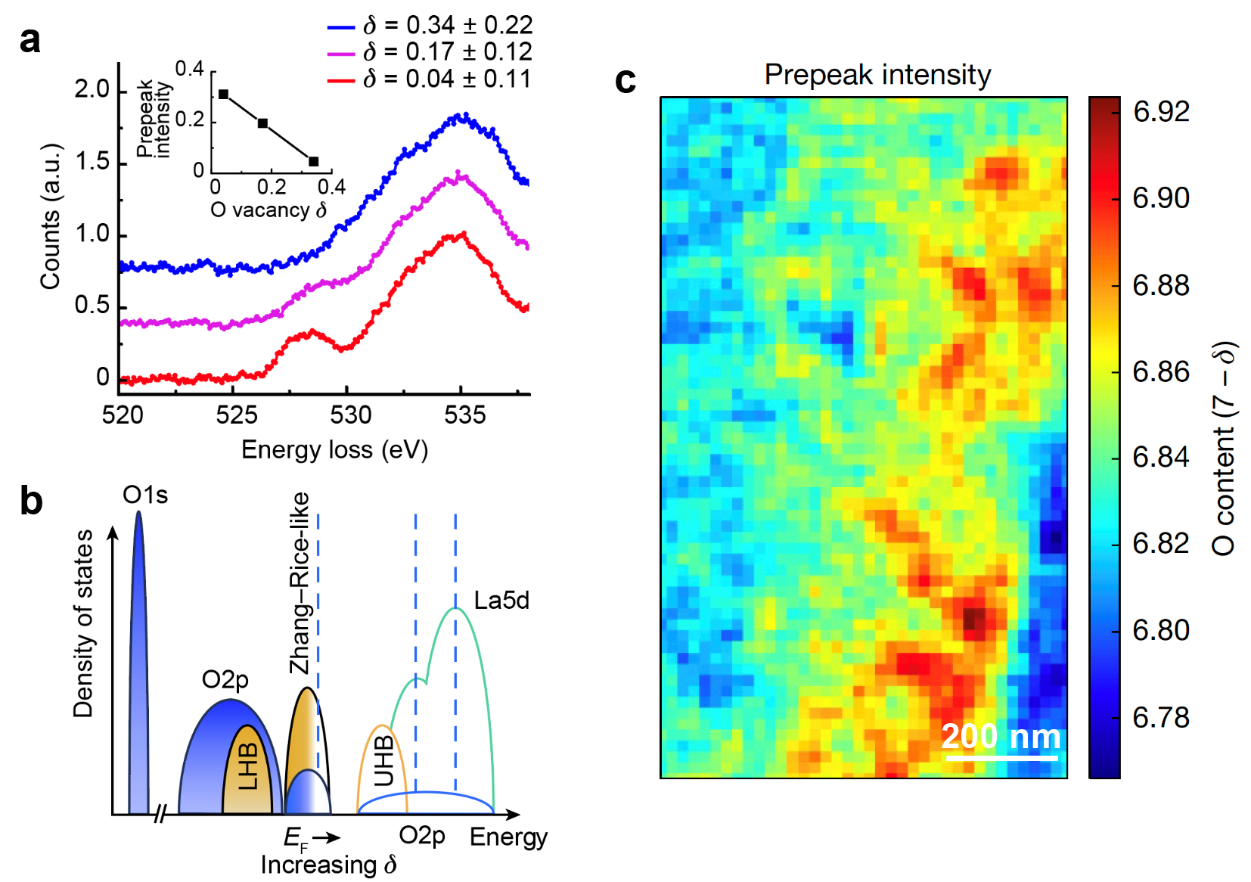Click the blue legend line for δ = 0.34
click(x=341, y=27)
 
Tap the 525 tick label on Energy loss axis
click(x=237, y=415)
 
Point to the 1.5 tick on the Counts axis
click(x=92, y=162)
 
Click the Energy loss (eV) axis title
click(x=334, y=450)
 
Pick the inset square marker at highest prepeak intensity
click(x=224, y=94)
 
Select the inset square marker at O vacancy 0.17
click(x=263, y=123)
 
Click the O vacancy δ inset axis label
click(x=269, y=210)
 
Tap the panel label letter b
click(x=31, y=502)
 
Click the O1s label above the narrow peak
click(x=145, y=495)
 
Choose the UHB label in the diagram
click(x=384, y=760)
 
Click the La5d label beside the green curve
click(x=501, y=601)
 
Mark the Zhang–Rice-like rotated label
click(x=300, y=582)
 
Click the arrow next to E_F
click(x=327, y=837)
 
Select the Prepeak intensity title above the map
click(x=877, y=75)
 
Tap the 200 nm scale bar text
click(x=1001, y=736)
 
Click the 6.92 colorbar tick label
click(x=1161, y=112)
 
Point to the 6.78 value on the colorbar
click(x=1161, y=717)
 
